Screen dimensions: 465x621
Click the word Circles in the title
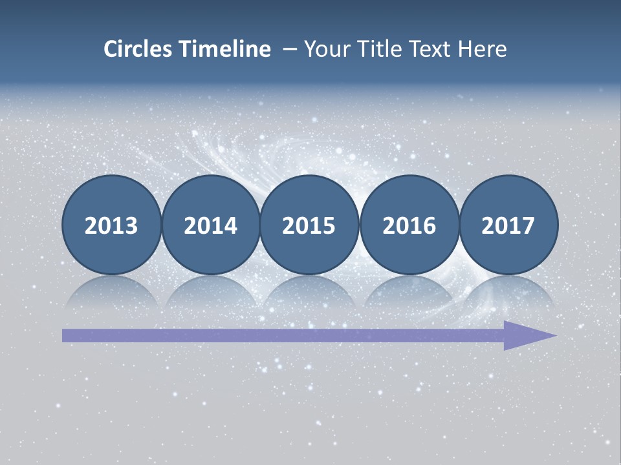tap(139, 49)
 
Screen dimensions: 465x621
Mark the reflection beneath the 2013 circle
tap(111, 292)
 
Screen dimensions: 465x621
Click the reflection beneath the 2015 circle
tap(309, 292)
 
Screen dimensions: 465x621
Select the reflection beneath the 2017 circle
tap(508, 292)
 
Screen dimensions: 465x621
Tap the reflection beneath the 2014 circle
tap(210, 292)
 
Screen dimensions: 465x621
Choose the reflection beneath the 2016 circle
tap(409, 292)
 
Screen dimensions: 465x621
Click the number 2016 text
tap(409, 226)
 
